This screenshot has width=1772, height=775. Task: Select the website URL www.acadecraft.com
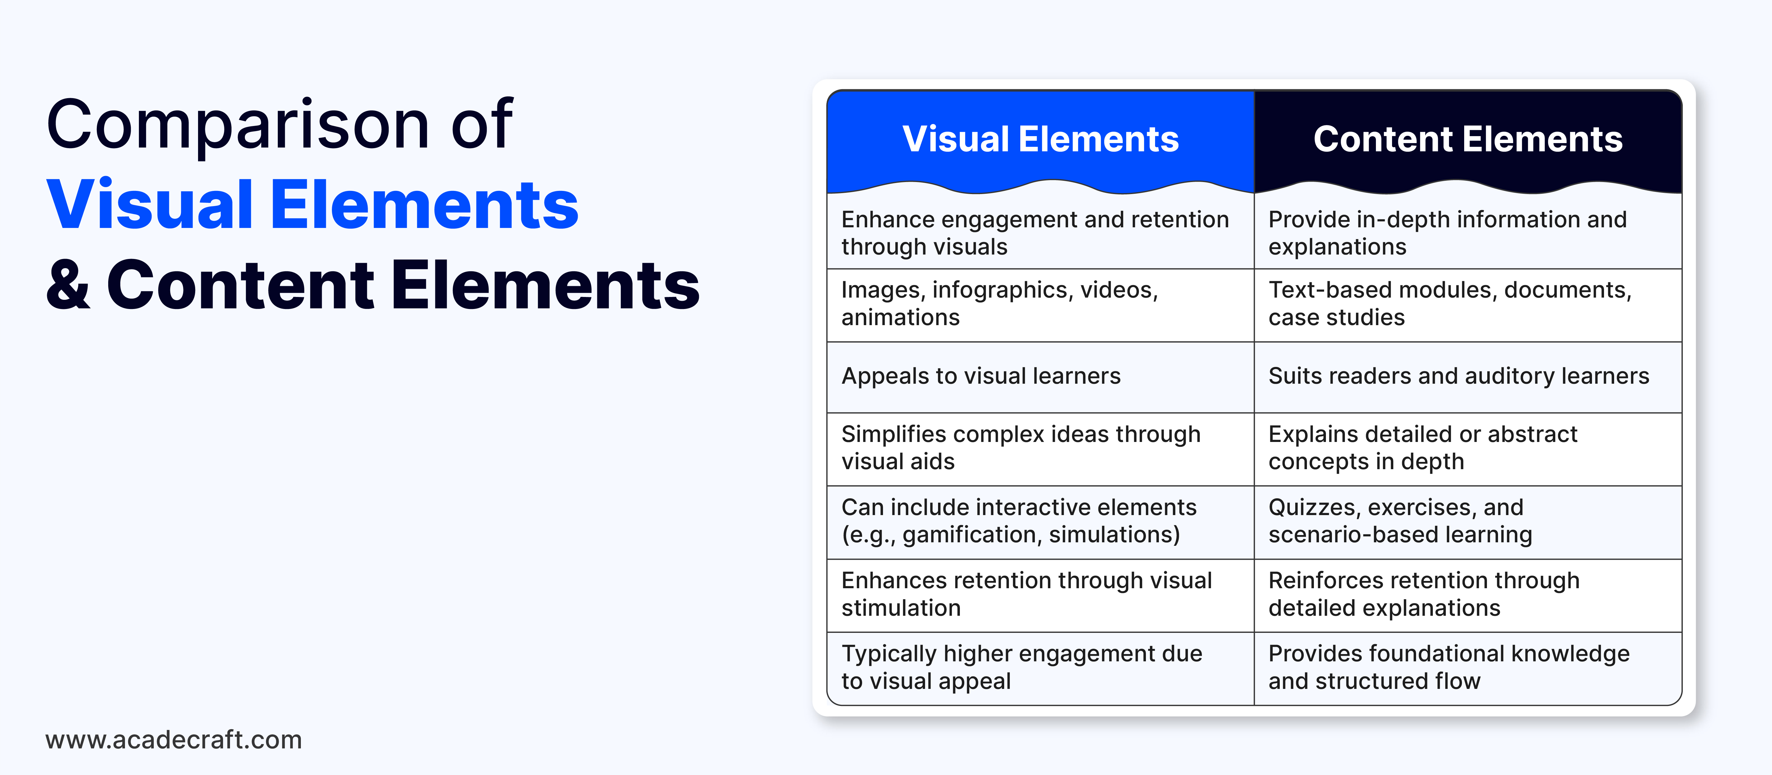click(173, 740)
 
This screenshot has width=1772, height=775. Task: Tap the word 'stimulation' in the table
click(901, 608)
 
